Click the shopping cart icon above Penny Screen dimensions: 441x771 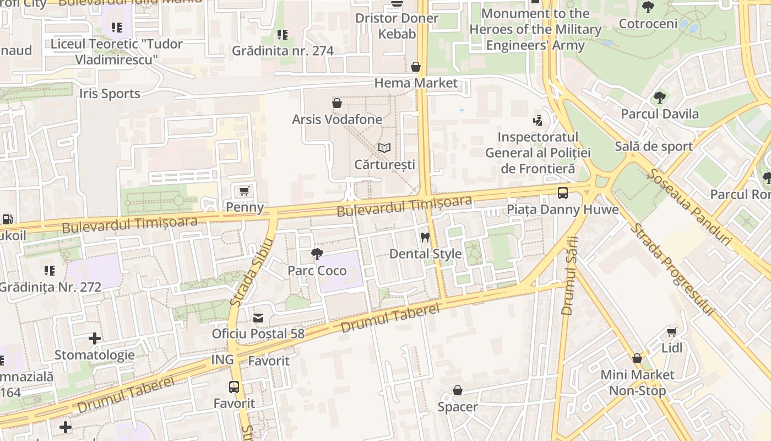[x=245, y=191]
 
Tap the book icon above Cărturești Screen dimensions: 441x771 [x=384, y=148]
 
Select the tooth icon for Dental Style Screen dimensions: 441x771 [x=425, y=238]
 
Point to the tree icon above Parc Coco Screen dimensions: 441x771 [x=317, y=254]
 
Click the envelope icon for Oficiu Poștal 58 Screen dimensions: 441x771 [x=258, y=318]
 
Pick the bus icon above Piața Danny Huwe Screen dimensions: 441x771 [x=562, y=193]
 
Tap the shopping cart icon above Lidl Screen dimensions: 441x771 [x=671, y=332]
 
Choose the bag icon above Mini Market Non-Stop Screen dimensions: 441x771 [x=637, y=358]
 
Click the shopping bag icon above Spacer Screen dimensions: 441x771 [x=457, y=391]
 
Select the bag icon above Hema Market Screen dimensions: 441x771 [x=416, y=67]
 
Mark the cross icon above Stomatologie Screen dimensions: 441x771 [x=95, y=338]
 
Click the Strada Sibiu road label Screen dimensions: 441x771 [x=252, y=272]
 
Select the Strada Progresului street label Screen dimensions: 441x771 [x=672, y=269]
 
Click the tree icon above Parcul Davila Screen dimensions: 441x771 [x=659, y=98]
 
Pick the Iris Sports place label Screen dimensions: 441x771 [x=110, y=94]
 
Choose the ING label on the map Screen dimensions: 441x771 [x=222, y=361]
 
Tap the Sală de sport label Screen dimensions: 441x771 [x=653, y=146]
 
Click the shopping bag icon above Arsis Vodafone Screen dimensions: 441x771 [x=337, y=103]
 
